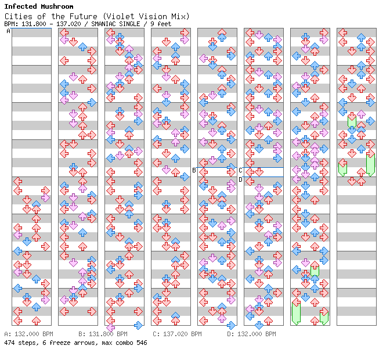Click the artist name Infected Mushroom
pos(38,6)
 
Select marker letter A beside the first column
pos(9,31)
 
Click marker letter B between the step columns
pos(194,170)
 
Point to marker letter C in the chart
pos(240,170)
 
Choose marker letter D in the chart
pos(240,179)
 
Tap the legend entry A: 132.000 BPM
pos(28,334)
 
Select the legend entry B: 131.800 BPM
pos(103,334)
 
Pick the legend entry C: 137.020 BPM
pos(177,334)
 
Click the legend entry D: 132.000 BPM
pos(251,334)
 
